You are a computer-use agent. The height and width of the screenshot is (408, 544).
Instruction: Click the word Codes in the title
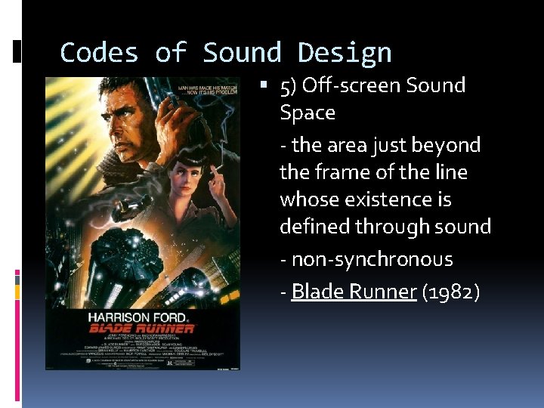[98, 53]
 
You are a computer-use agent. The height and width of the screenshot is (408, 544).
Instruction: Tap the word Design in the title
[345, 53]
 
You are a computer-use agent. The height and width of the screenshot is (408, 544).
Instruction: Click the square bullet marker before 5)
[271, 85]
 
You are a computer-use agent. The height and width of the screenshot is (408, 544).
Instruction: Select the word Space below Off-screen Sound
[307, 113]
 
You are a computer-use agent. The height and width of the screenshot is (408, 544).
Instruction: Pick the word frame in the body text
[335, 172]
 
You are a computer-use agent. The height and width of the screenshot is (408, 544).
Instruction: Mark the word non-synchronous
[372, 259]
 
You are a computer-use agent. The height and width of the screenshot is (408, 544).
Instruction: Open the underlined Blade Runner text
[354, 291]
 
